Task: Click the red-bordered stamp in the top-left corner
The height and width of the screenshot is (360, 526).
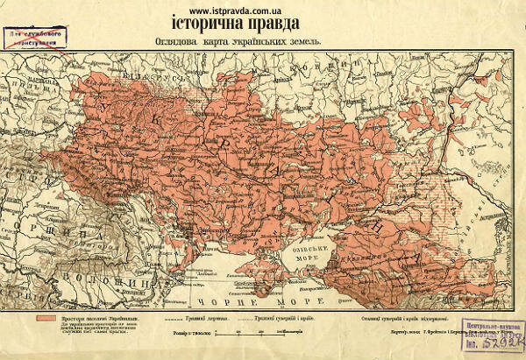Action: [x=35, y=38]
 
